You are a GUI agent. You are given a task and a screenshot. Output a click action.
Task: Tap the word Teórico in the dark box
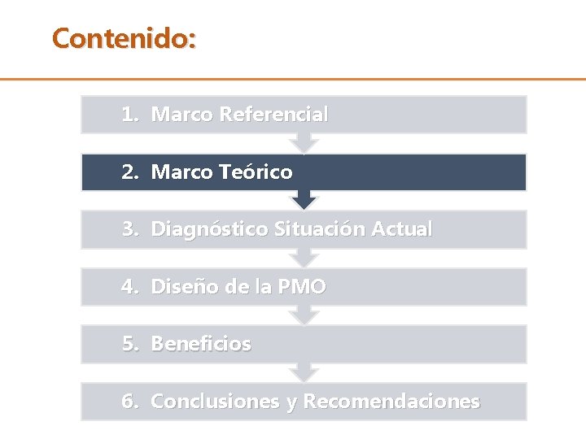256,172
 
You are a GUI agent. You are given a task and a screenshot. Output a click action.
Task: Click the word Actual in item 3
401,229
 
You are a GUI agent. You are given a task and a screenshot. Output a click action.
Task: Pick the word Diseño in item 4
184,287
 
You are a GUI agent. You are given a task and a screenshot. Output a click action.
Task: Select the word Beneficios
201,344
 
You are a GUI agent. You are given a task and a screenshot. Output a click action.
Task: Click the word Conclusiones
216,402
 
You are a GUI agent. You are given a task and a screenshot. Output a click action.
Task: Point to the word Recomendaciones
391,402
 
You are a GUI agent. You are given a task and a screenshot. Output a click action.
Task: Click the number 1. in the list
131,115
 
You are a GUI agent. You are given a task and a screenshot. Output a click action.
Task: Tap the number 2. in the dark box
131,172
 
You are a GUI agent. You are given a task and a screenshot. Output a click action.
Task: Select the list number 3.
131,229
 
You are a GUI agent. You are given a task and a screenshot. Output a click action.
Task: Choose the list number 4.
131,287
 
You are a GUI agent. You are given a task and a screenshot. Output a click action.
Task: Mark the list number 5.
131,344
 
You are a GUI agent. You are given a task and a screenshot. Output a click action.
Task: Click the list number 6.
131,402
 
